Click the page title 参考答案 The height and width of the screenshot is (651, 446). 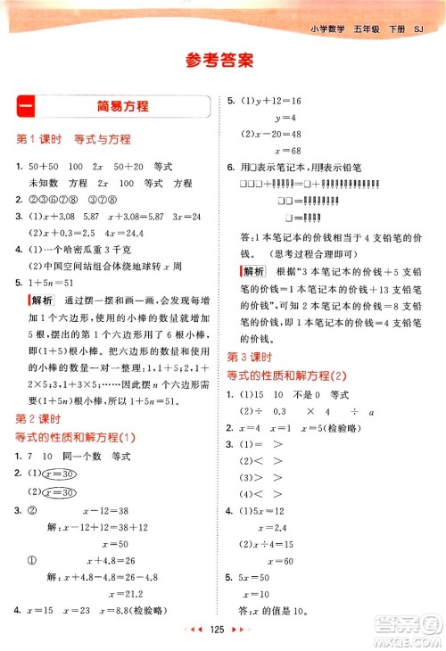pos(221,61)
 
